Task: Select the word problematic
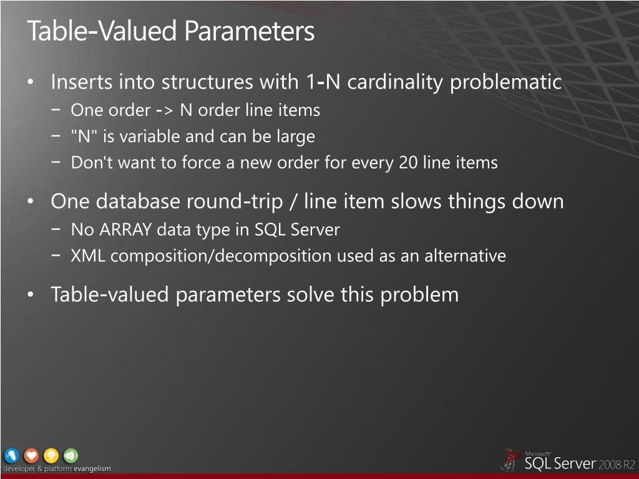(x=507, y=82)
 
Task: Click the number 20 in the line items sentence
(x=408, y=163)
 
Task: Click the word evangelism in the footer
(x=92, y=469)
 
